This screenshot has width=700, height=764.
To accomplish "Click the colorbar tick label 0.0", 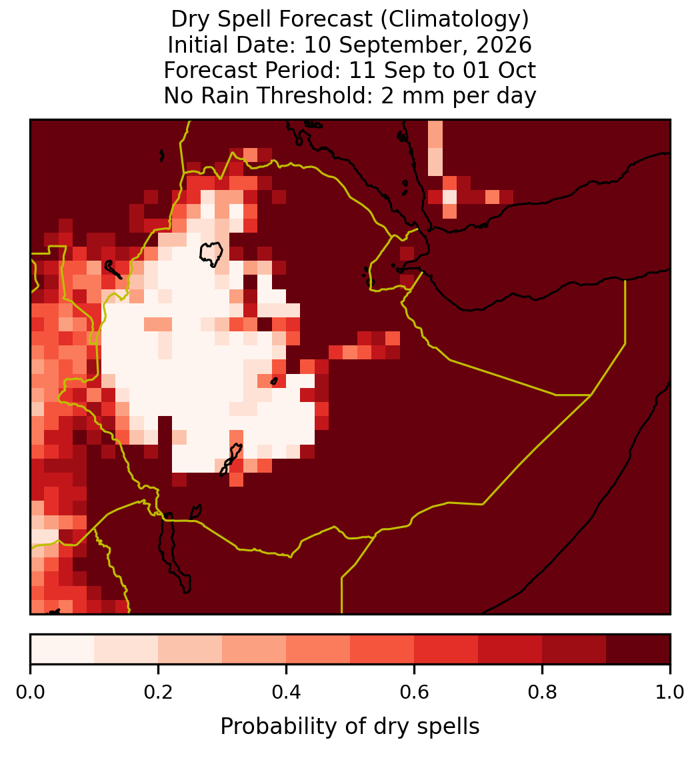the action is click(31, 693).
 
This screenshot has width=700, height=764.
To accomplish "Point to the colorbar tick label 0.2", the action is click(158, 693).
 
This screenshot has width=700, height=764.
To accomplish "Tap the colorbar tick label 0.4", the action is click(287, 693).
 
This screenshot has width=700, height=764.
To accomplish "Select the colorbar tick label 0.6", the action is click(415, 693).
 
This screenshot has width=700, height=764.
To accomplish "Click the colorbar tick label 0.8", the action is click(542, 693).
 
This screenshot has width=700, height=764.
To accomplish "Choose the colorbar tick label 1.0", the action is click(670, 693).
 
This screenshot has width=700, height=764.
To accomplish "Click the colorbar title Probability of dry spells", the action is click(350, 727).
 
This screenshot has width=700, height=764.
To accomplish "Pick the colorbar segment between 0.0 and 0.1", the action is click(63, 649).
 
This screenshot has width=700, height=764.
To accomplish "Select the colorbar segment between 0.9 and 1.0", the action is click(638, 649).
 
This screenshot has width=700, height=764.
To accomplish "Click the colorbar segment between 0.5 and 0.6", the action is click(383, 649).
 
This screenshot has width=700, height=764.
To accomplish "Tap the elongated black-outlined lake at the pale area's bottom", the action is click(231, 459).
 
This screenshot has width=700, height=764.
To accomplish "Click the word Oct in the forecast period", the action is click(517, 70).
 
